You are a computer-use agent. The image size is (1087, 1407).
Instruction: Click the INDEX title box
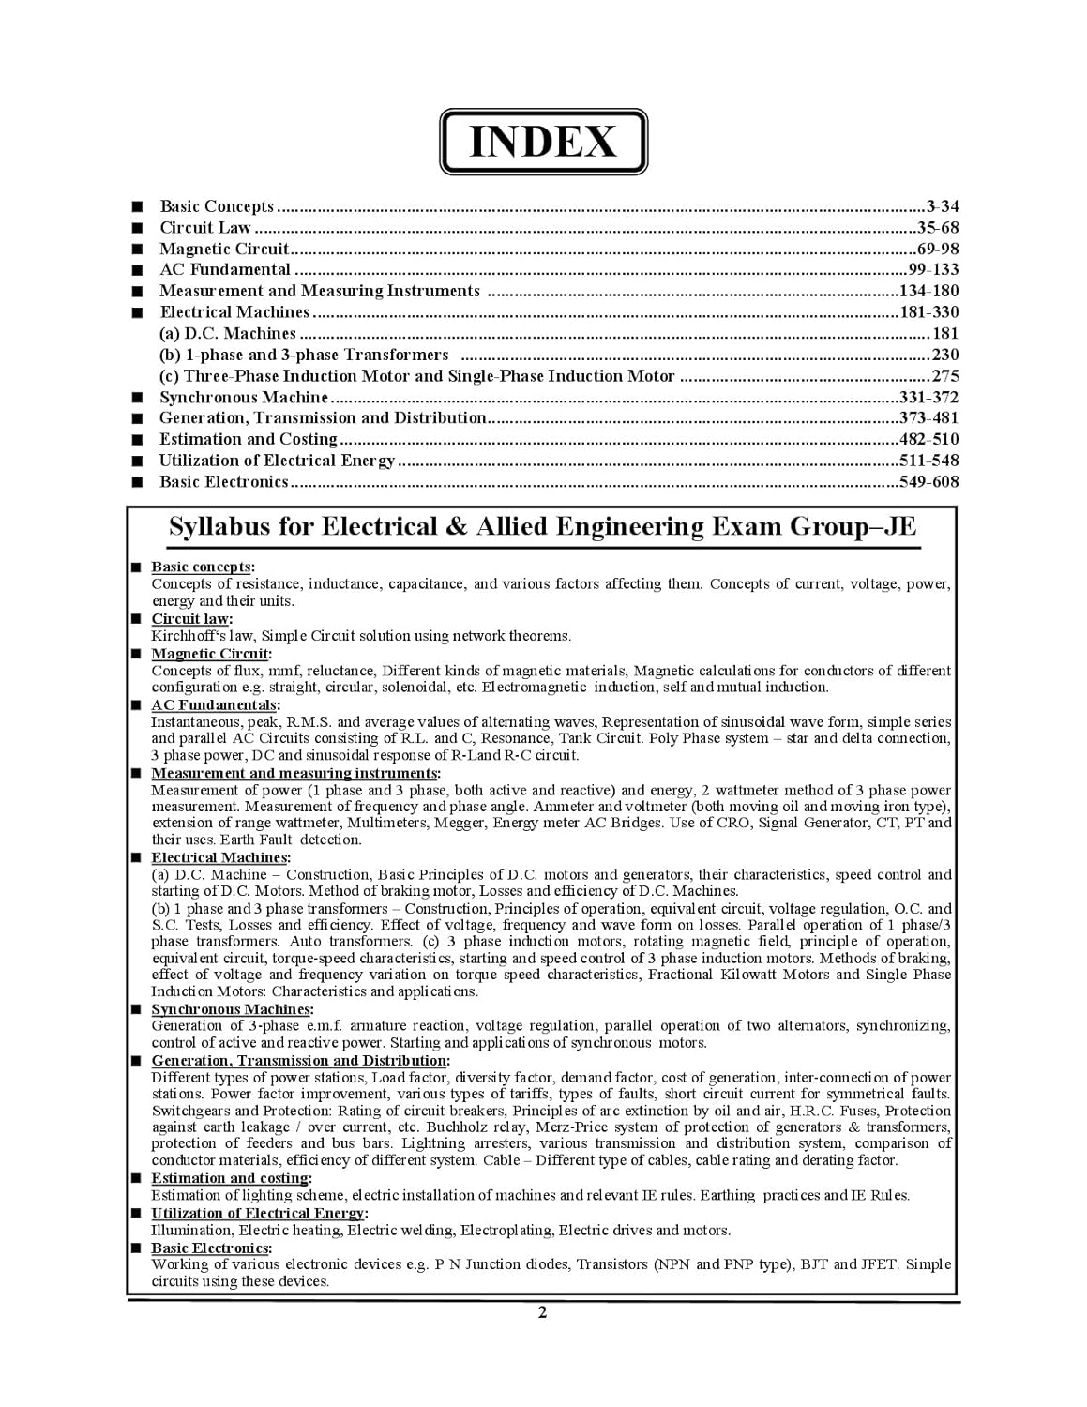[543, 142]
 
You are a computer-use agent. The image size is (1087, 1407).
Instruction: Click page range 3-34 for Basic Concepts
[942, 206]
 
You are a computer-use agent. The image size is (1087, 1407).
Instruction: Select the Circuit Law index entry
[205, 228]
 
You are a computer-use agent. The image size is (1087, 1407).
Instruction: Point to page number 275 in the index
[945, 376]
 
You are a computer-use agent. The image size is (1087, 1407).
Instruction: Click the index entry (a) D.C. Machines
[228, 334]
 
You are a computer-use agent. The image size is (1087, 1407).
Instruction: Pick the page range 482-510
[928, 440]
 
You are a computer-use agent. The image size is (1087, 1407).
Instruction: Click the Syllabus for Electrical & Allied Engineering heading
[542, 527]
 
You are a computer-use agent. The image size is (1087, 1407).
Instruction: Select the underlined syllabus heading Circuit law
[190, 619]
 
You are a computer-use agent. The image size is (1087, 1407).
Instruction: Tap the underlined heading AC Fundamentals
[214, 705]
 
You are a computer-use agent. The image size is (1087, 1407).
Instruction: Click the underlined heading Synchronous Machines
[231, 1009]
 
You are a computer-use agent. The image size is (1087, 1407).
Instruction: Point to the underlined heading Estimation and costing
[230, 1178]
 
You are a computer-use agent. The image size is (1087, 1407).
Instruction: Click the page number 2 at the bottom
[542, 1312]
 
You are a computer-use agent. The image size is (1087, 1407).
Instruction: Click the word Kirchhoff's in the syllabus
[184, 636]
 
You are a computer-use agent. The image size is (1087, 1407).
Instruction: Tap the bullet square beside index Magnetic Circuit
[138, 250]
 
